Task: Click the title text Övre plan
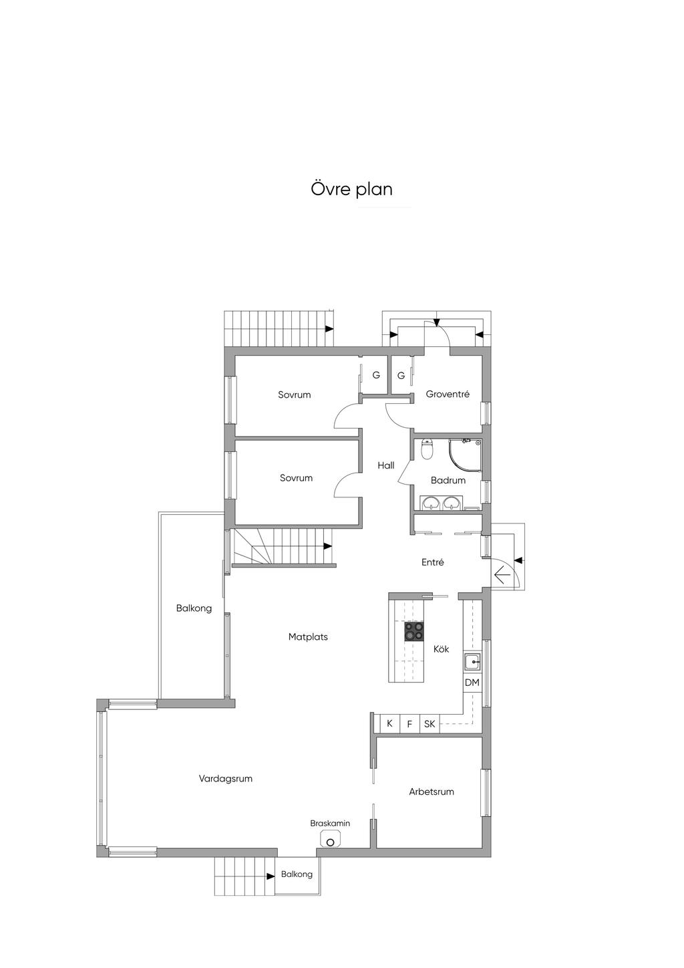[x=351, y=189]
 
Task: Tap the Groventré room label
[x=448, y=394]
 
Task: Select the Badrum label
[x=448, y=480]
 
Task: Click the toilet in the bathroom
[x=427, y=449]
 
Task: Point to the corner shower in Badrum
[x=465, y=455]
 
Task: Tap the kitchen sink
[x=473, y=662]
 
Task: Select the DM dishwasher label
[x=472, y=683]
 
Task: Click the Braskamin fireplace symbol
[x=331, y=840]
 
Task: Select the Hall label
[x=385, y=465]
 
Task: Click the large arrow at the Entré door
[x=502, y=575]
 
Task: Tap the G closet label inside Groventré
[x=401, y=376]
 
